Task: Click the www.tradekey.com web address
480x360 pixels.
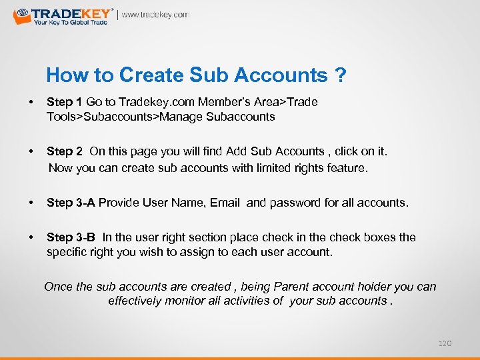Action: (155, 15)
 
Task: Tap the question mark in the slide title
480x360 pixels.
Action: (341, 75)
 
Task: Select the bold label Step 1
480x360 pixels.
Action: (65, 102)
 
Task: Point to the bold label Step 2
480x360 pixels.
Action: (65, 152)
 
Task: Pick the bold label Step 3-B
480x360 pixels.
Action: (71, 237)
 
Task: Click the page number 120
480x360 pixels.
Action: (445, 343)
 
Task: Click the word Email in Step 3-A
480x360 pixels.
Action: (225, 202)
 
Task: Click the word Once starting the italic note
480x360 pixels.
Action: (59, 287)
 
